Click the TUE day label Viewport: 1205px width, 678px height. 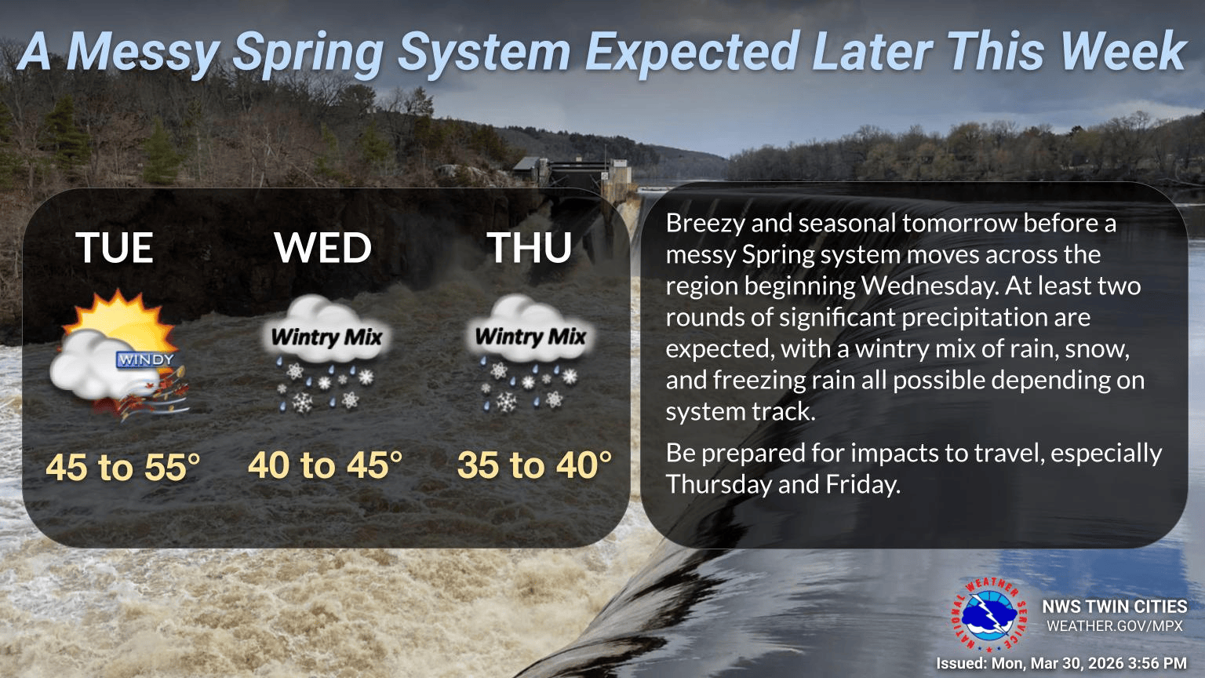coord(115,248)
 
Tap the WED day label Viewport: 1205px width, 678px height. coord(322,248)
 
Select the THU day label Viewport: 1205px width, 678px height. coord(530,248)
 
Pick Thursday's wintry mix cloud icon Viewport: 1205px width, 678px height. coord(530,353)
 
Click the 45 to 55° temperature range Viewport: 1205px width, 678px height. coord(123,467)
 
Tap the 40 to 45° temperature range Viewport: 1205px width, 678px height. coord(325,465)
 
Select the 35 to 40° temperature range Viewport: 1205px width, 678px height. coord(534,465)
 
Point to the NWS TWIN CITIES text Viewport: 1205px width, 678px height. coord(1114,607)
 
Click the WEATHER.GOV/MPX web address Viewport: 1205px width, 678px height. coord(1114,626)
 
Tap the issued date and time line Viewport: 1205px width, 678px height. coord(1061,664)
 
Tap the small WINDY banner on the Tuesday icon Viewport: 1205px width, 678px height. coord(145,360)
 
